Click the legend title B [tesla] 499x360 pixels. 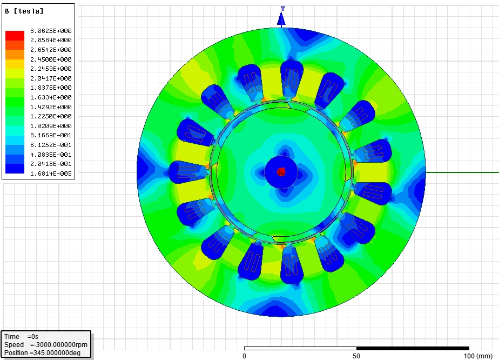24,11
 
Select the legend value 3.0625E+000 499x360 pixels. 51,31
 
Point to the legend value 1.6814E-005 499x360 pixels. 51,174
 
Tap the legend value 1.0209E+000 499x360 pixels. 51,126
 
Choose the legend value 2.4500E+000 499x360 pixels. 51,59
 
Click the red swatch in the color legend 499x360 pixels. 15,35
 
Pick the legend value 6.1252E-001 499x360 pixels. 51,145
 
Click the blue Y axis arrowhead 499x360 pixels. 281,18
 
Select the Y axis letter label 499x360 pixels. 282,9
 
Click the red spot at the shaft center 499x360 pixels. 281,172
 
